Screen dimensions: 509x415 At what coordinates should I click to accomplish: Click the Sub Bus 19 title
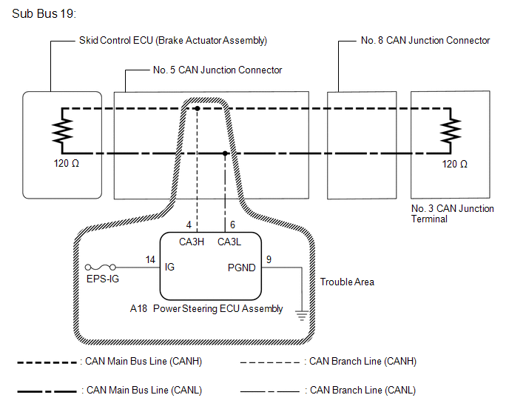(44, 13)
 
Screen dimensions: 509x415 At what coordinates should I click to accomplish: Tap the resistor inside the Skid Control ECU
(63, 130)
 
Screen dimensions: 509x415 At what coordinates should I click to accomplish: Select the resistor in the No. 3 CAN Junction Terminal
(451, 130)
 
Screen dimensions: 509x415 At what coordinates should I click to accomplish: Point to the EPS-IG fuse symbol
(101, 268)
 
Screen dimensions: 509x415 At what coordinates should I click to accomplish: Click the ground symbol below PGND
(302, 316)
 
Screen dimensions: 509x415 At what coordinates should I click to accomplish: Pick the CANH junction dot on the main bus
(197, 108)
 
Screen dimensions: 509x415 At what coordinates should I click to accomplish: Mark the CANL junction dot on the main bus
(225, 153)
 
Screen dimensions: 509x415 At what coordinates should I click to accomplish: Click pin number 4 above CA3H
(189, 225)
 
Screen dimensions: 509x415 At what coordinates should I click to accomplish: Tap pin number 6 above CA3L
(232, 225)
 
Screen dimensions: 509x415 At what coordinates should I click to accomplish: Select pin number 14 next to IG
(150, 259)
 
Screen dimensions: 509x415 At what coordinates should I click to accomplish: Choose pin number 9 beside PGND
(269, 259)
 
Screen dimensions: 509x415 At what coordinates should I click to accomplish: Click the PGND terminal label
(242, 268)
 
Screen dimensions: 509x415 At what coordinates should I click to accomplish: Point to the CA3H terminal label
(192, 242)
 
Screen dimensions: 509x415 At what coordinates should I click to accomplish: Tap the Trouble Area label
(347, 282)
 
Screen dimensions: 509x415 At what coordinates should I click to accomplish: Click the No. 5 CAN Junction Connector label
(218, 70)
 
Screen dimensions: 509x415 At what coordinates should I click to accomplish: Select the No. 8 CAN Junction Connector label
(425, 40)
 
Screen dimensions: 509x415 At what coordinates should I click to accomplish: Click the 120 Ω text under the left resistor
(67, 163)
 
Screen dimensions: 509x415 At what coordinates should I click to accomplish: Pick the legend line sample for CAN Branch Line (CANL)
(270, 391)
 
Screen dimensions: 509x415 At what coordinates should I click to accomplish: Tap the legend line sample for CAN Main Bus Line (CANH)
(47, 362)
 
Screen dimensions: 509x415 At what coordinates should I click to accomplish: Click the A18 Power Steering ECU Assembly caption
(206, 308)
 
